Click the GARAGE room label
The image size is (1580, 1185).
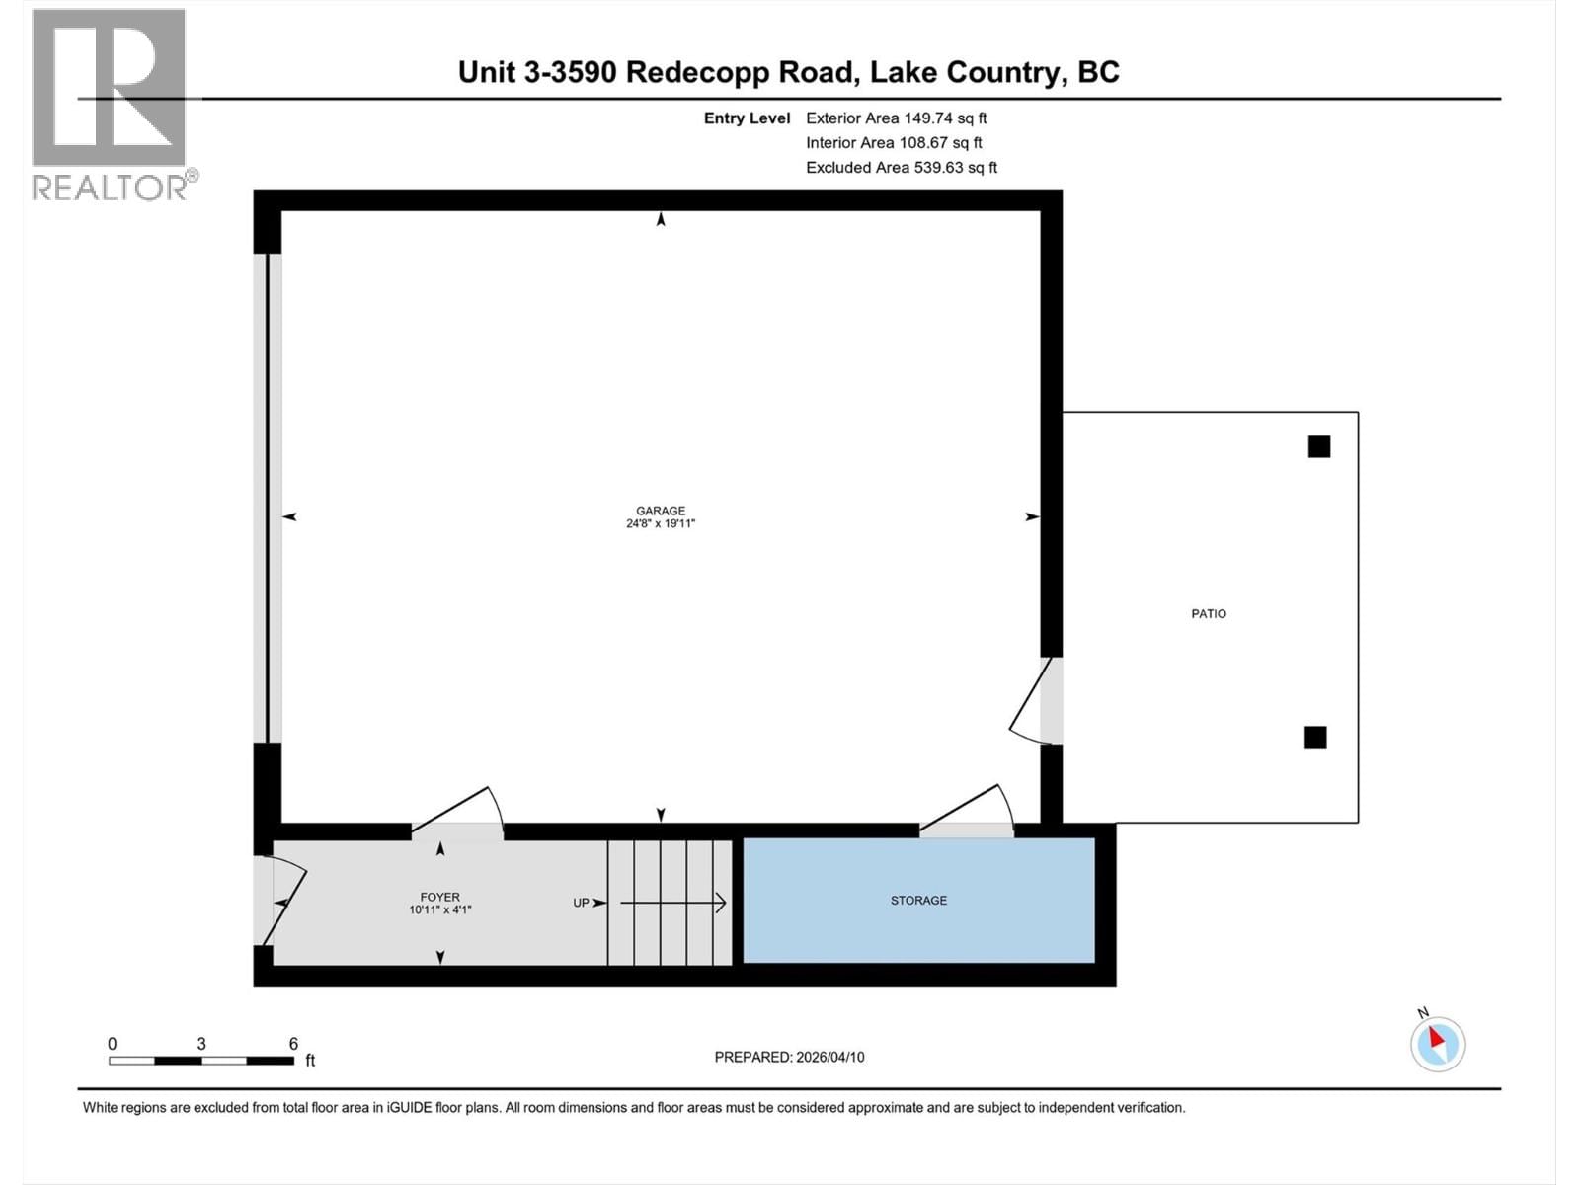(660, 511)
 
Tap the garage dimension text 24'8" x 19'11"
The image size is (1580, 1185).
(660, 524)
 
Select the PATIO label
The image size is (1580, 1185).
(1208, 614)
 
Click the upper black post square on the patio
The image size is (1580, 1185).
(1318, 447)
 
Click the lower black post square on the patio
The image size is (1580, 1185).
(1314, 737)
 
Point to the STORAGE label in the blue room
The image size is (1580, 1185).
(918, 901)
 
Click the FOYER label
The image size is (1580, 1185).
(439, 897)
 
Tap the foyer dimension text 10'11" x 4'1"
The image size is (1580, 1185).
(439, 910)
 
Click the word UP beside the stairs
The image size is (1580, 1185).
(581, 903)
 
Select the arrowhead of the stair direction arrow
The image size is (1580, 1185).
(722, 903)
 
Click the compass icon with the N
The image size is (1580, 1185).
(1437, 1043)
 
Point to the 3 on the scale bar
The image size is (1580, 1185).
(201, 1044)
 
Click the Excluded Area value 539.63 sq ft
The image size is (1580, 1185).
(955, 168)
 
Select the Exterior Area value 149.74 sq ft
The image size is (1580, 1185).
(945, 118)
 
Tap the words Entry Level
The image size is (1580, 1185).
(747, 118)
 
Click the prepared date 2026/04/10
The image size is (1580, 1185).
(829, 1057)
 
